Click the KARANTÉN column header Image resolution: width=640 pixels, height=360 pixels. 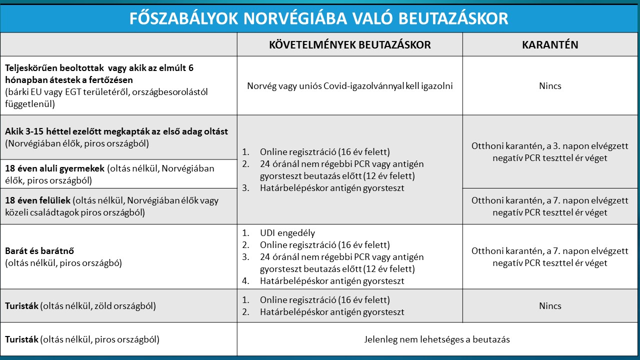[550, 44]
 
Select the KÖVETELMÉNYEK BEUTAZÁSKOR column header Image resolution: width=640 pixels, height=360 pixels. [350, 44]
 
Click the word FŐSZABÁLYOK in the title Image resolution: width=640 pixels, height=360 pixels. [183, 18]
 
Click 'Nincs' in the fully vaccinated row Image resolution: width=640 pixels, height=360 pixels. [550, 86]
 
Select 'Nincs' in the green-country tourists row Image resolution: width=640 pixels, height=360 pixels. [550, 306]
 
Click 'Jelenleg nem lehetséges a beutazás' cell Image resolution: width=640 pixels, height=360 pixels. [437, 339]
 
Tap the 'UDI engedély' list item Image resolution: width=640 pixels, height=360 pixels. [287, 233]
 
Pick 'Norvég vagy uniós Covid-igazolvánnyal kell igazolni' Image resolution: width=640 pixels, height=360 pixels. [350, 86]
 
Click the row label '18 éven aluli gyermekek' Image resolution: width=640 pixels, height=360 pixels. [54, 168]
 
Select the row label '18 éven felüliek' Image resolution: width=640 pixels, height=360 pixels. [38, 200]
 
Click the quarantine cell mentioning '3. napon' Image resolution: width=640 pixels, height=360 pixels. [550, 152]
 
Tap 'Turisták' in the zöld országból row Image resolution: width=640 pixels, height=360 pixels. [21, 306]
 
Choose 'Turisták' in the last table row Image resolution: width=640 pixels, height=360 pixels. [21, 339]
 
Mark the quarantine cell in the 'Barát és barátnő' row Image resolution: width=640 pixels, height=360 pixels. [550, 256]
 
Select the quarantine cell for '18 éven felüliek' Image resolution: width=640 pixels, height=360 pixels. [550, 206]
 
